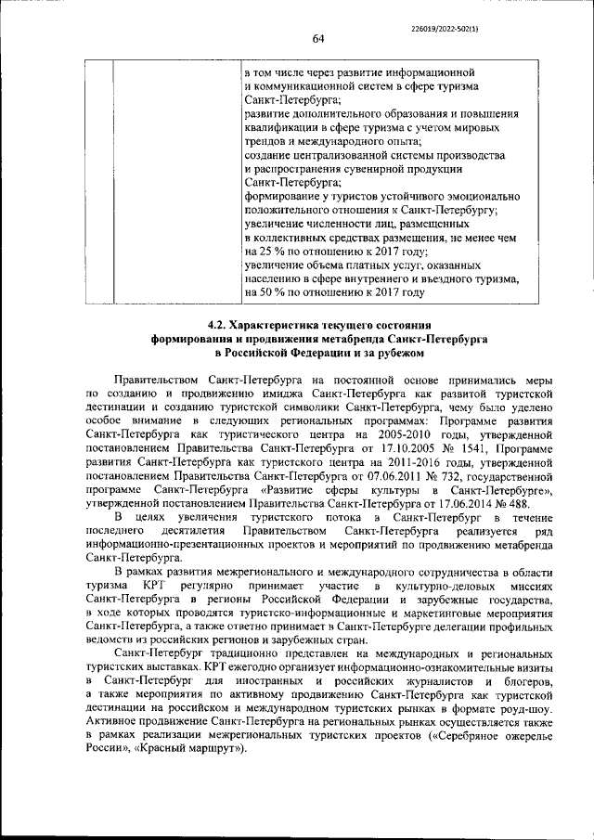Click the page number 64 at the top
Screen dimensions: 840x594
pyautogui.click(x=316, y=38)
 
